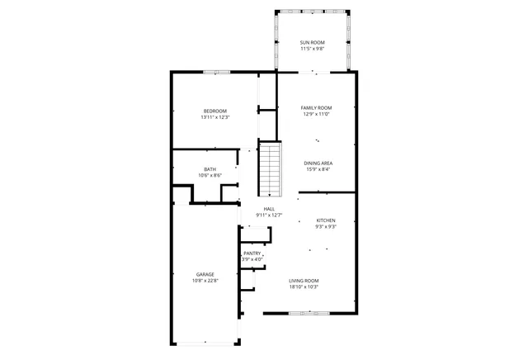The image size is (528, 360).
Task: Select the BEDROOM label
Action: coord(215,111)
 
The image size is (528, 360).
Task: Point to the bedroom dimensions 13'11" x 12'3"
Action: coord(215,117)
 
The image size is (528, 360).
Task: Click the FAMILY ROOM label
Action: coord(316,107)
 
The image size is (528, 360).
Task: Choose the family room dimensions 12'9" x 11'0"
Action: coord(316,114)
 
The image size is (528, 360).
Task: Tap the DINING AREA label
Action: coord(318,163)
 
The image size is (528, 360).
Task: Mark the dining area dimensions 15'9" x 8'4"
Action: coord(318,170)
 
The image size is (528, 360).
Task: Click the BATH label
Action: coord(210,169)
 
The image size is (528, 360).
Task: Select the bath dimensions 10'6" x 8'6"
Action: coord(210,176)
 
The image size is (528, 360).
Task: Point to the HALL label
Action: coord(269,209)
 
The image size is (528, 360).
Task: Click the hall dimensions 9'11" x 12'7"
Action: coord(269,216)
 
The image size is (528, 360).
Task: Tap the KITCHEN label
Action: coord(326,220)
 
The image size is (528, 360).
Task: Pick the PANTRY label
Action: coord(252,253)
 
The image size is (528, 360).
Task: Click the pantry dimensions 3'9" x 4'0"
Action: coord(252,259)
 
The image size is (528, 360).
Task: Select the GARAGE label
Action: coord(205,274)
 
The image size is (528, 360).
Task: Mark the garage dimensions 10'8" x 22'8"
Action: coord(205,281)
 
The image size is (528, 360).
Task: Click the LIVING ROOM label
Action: coord(304,281)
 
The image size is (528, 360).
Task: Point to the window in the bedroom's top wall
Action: coord(216,72)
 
